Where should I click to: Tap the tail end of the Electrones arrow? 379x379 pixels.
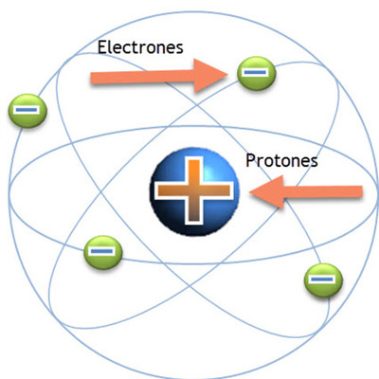click(95, 78)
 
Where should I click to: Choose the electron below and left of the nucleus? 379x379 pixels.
click(102, 252)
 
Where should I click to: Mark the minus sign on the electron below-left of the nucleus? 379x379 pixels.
click(102, 252)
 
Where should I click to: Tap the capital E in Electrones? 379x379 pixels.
click(102, 45)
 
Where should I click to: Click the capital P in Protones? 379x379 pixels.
click(250, 160)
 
